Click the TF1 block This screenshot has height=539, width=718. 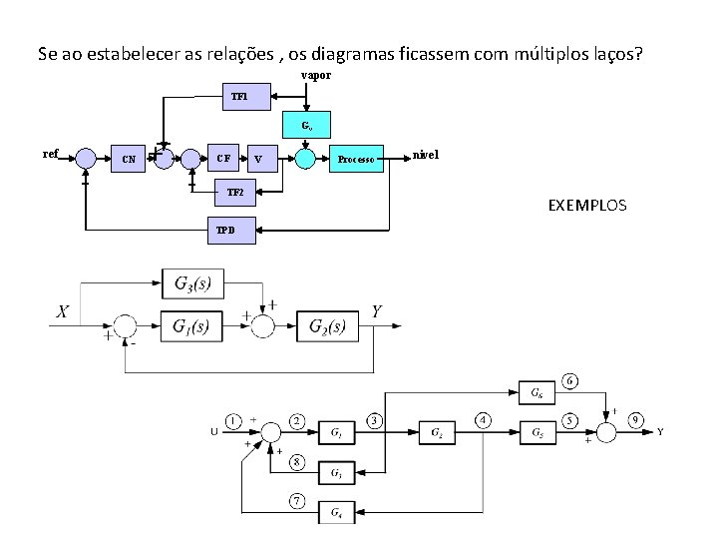pyautogui.click(x=245, y=97)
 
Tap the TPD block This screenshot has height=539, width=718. pyautogui.click(x=230, y=231)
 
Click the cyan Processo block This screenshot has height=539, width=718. pyautogui.click(x=355, y=159)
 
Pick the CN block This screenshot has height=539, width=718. pyautogui.click(x=130, y=159)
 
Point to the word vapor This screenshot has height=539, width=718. pyautogui.click(x=316, y=76)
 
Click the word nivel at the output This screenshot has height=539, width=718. pyautogui.click(x=425, y=155)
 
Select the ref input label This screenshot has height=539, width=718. pyautogui.click(x=52, y=154)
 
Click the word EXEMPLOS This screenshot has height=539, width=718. pyautogui.click(x=587, y=206)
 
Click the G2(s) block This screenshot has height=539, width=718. pyautogui.click(x=327, y=326)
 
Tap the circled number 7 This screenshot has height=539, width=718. pyautogui.click(x=297, y=500)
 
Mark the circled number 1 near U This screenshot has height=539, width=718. pyautogui.click(x=232, y=419)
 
